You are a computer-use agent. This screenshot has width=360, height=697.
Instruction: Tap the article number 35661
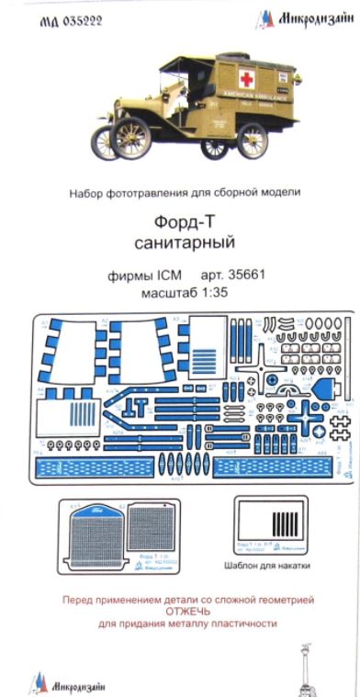point(245,276)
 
